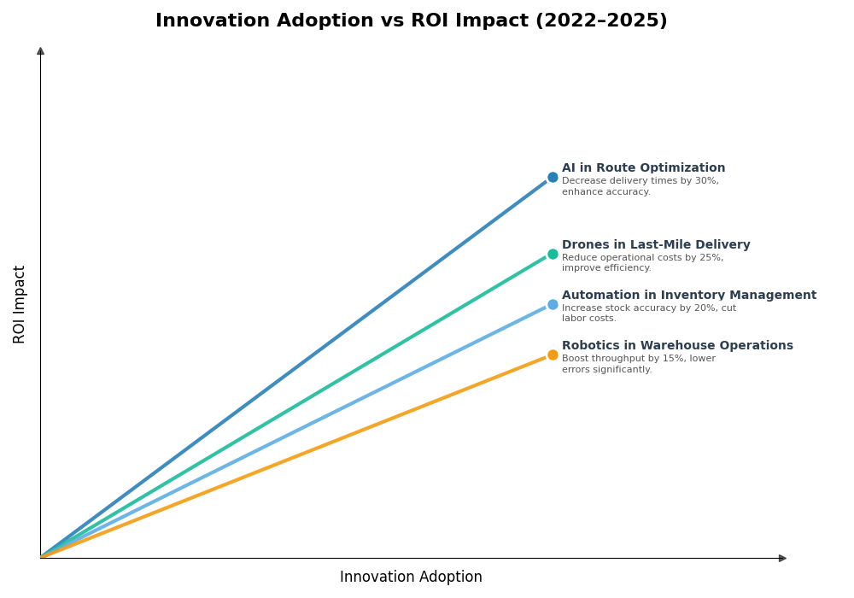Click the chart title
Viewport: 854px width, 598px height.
click(411, 21)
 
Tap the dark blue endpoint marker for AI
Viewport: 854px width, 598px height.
click(553, 178)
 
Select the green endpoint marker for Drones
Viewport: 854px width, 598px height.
click(553, 254)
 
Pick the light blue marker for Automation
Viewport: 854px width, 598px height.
click(553, 304)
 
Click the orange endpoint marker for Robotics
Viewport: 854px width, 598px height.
click(553, 355)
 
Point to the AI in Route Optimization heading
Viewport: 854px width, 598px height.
click(643, 168)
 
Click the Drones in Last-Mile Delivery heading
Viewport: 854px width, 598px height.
click(656, 245)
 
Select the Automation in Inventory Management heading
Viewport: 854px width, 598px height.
click(688, 296)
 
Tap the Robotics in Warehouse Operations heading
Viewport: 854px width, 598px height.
click(677, 346)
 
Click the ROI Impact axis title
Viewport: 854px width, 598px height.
click(20, 304)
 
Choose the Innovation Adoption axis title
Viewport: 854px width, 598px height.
click(411, 577)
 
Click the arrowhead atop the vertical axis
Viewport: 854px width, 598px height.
click(40, 51)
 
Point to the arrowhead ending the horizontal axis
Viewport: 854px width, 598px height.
click(782, 558)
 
